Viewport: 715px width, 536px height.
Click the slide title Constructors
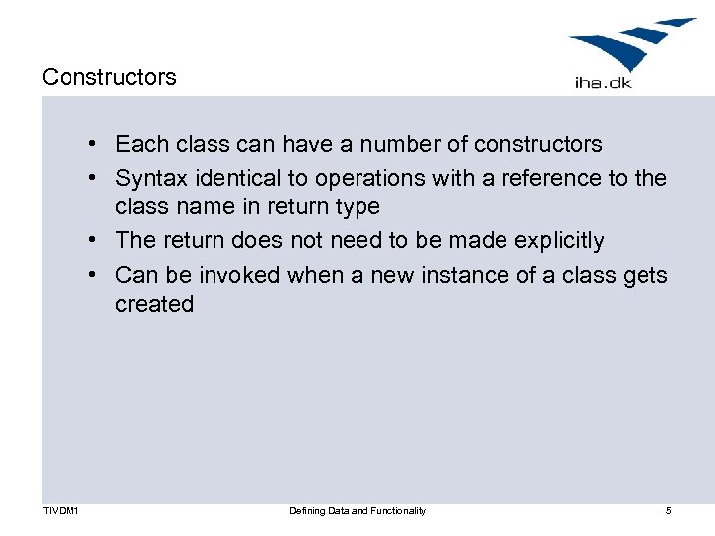(109, 77)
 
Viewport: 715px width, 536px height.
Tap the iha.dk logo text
(603, 83)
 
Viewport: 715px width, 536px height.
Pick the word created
(154, 304)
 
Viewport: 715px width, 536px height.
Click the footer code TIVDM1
(62, 511)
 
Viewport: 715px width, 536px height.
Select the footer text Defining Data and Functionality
(357, 511)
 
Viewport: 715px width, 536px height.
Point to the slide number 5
(668, 511)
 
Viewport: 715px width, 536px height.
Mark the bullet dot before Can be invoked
(90, 275)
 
